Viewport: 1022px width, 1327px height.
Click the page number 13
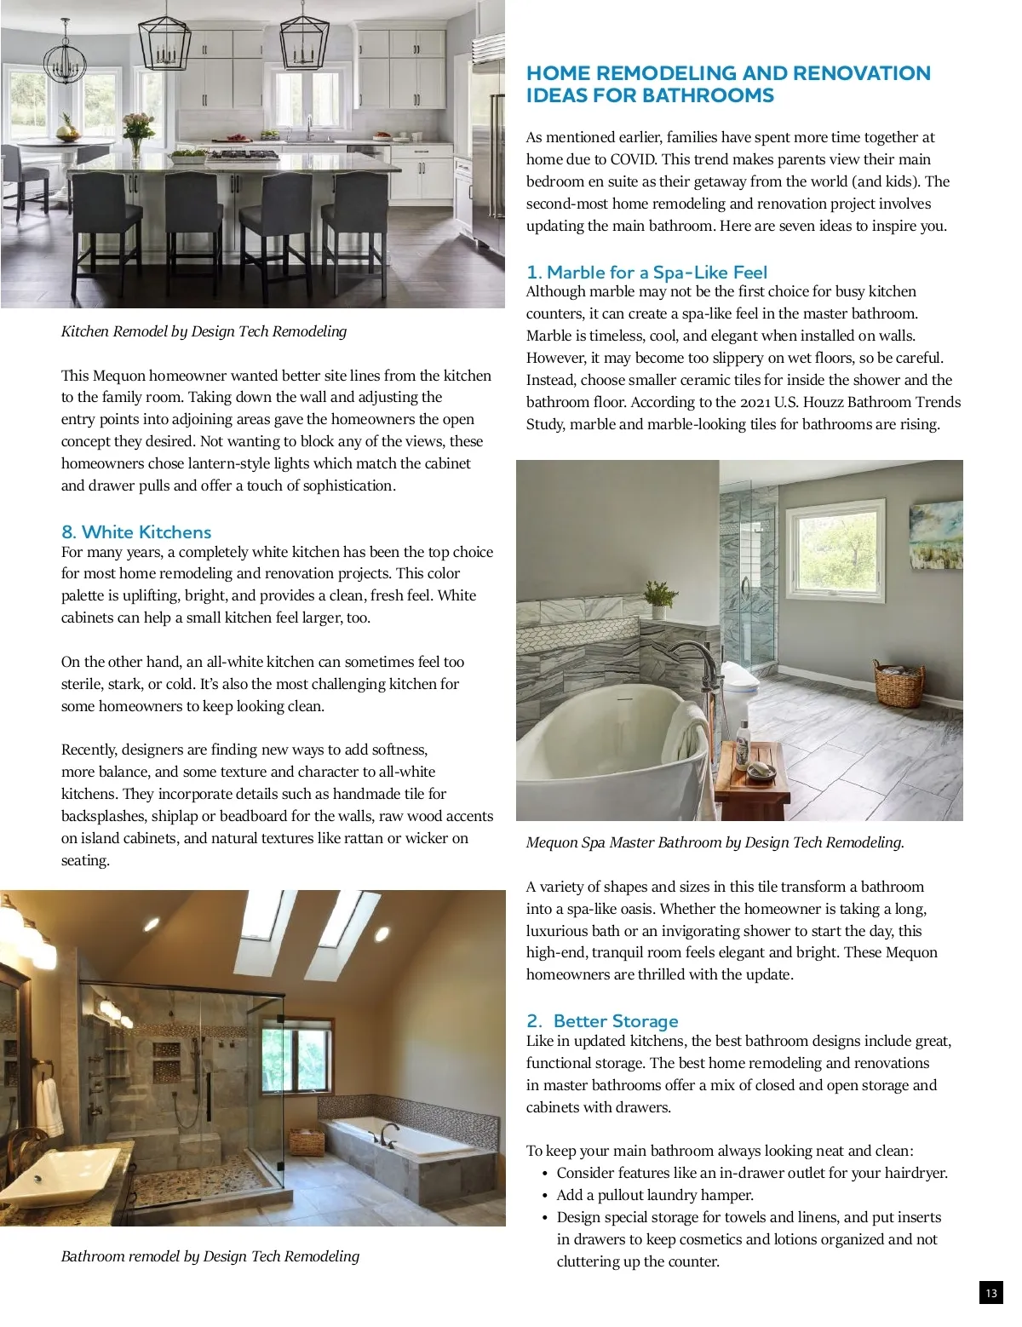990,1293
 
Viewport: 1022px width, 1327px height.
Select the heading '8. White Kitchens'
136,532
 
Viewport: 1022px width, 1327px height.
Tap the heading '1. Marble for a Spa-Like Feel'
646,273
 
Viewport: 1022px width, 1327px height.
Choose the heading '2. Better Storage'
602,1021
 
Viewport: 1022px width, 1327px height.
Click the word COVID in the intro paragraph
633,159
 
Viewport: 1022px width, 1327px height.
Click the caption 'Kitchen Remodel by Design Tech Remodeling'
204,331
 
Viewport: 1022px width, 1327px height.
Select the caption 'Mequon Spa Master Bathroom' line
715,842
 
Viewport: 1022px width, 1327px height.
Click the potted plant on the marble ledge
657,597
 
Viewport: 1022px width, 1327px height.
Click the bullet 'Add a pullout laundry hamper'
655,1195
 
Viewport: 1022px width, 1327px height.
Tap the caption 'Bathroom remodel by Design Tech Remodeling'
210,1256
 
